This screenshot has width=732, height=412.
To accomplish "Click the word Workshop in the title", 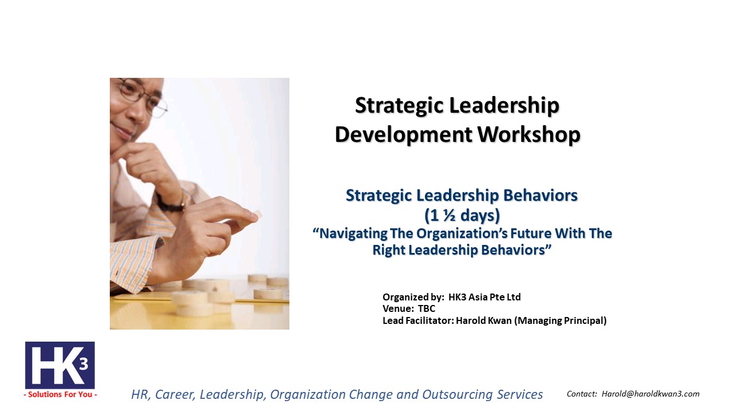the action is click(x=529, y=134).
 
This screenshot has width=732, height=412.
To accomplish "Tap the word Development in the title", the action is click(x=404, y=134).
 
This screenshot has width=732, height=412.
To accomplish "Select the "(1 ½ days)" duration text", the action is click(x=462, y=216).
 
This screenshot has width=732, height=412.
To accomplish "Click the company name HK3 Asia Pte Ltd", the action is click(x=484, y=297).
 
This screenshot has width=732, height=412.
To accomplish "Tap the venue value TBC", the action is click(x=427, y=308).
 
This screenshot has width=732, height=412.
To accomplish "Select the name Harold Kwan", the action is click(x=484, y=320).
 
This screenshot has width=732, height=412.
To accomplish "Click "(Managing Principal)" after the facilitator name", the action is click(x=560, y=320).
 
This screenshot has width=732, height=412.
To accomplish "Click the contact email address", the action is click(x=651, y=394).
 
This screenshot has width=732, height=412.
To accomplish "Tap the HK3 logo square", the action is click(x=60, y=365).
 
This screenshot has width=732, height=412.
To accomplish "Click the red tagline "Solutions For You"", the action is click(x=60, y=394).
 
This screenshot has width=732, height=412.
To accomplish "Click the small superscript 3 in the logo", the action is click(x=83, y=363).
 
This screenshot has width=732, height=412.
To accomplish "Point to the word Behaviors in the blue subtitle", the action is click(x=540, y=195).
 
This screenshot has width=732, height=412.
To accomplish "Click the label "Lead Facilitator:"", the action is click(x=418, y=320).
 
